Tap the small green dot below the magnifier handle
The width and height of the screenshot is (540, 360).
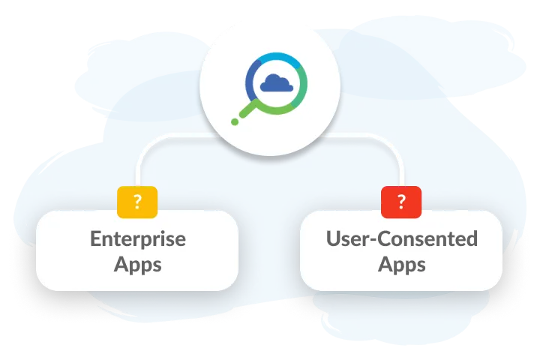pos(234,121)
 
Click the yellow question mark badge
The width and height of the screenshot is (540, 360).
pos(137,200)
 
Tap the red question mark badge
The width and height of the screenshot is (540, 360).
pos(401,200)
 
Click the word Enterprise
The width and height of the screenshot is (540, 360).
pos(137,239)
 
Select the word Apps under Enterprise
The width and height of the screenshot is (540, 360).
pos(137,264)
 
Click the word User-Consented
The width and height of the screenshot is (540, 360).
pos(401,239)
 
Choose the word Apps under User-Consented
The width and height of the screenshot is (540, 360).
pos(401,264)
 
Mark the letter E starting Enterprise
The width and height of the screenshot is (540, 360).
pos(96,239)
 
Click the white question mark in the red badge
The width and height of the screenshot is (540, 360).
pos(401,200)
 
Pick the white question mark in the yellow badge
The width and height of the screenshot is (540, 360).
pos(137,200)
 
